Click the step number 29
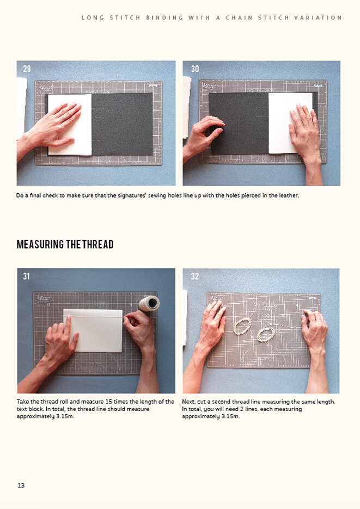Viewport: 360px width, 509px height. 27,69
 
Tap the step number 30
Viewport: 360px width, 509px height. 196,69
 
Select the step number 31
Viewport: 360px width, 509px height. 27,277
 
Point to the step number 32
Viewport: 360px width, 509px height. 195,277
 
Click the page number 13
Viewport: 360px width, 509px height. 21,485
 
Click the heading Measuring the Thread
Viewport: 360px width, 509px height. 65,244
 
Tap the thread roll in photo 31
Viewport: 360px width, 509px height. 149,303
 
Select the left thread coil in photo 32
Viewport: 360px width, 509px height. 242,326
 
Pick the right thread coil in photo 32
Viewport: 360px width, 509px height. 266,334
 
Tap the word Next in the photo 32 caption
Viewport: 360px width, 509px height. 188,402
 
